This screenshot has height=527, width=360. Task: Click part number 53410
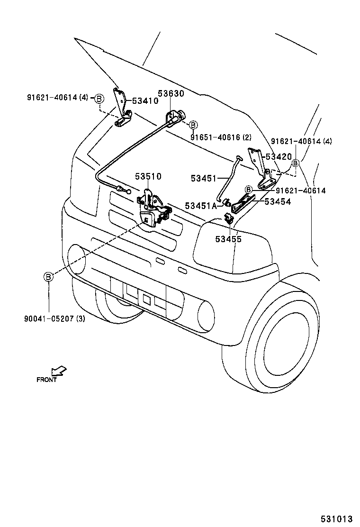click(x=145, y=100)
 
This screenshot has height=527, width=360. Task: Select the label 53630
click(x=171, y=94)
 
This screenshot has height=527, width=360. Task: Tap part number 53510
click(x=148, y=176)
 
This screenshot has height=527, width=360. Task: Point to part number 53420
click(x=279, y=156)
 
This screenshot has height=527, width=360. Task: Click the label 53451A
click(x=201, y=206)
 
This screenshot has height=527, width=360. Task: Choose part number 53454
click(x=278, y=201)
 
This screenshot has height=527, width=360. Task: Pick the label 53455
click(x=228, y=239)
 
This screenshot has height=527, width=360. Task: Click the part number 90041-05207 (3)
click(x=54, y=318)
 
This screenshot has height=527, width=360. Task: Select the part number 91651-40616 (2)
click(x=221, y=137)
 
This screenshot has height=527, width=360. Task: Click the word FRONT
click(x=47, y=380)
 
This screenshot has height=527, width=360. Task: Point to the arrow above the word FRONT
click(x=59, y=370)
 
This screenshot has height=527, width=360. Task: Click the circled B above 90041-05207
click(x=48, y=277)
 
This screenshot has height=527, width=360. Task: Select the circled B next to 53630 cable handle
click(x=193, y=125)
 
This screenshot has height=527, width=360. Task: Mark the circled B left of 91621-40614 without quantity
click(x=248, y=190)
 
